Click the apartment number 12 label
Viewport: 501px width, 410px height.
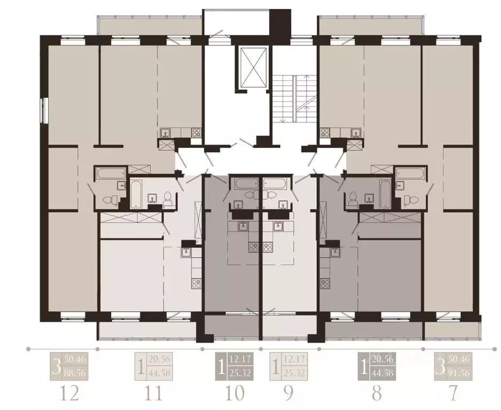point(71,393)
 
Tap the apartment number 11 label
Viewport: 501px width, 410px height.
point(153,393)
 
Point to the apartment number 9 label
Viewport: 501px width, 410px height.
point(288,393)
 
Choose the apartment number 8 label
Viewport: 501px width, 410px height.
point(376,393)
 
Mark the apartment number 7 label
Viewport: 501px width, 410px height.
point(453,393)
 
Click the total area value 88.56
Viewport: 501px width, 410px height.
point(76,373)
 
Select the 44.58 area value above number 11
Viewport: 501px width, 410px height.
point(159,373)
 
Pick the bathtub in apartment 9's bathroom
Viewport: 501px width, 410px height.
point(275,183)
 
